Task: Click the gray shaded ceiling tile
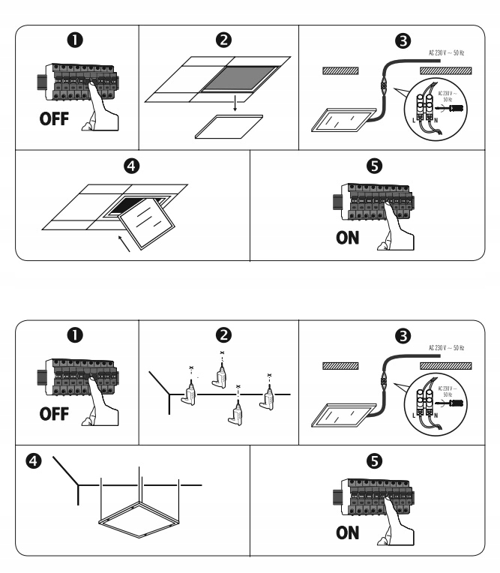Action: tap(238, 77)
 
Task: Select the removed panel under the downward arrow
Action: tap(230, 125)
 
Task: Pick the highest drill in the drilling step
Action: tap(220, 370)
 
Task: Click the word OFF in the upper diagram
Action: tap(55, 121)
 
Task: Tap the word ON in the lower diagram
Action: tap(347, 534)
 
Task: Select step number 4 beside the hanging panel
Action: tap(32, 459)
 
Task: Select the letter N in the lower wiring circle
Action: tap(436, 414)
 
